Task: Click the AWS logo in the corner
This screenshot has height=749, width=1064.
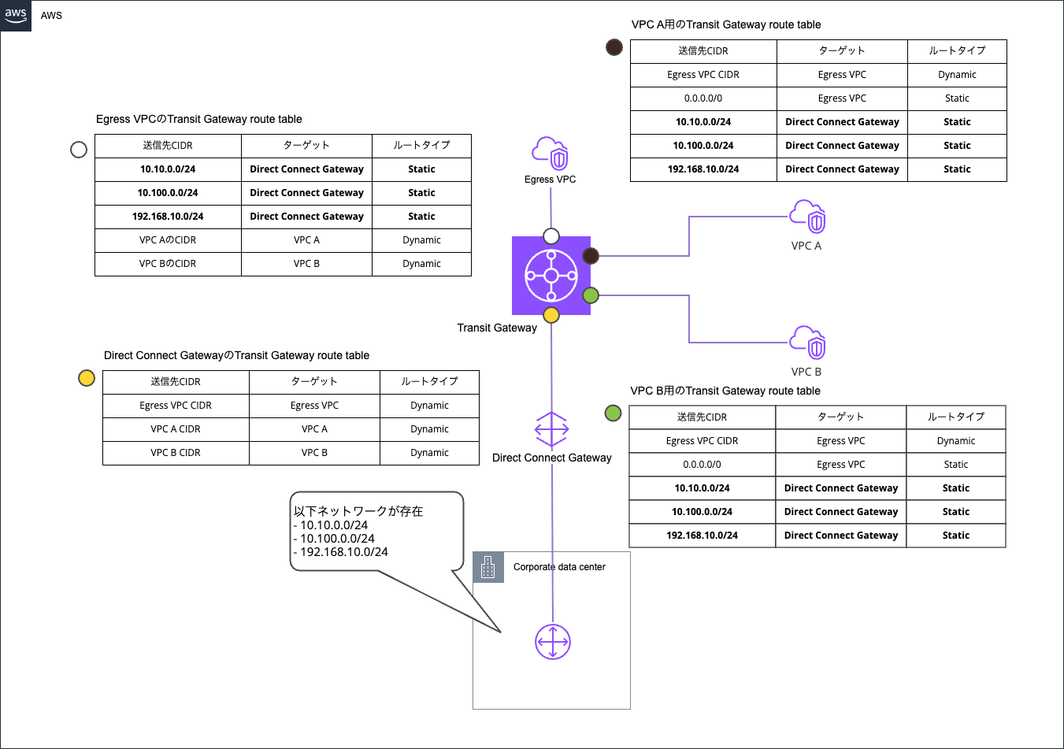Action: (x=16, y=16)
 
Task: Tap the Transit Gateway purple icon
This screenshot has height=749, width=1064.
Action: (x=551, y=276)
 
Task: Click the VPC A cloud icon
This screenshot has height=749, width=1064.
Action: (x=807, y=217)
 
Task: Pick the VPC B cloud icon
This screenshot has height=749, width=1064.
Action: (x=807, y=343)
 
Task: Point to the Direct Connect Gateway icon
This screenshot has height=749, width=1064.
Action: (x=551, y=430)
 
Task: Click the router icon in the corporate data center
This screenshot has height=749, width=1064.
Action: (x=553, y=642)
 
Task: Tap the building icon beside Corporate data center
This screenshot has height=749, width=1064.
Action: (x=488, y=567)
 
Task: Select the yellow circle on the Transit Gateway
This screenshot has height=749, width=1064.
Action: (x=551, y=315)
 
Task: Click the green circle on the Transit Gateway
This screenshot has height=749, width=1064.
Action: (x=591, y=295)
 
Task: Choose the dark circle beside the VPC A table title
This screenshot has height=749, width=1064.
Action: (x=614, y=47)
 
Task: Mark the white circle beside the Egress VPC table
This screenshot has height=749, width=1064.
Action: (x=79, y=150)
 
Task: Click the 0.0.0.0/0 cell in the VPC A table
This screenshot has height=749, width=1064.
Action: (x=703, y=98)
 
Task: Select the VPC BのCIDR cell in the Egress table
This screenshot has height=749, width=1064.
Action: (x=168, y=264)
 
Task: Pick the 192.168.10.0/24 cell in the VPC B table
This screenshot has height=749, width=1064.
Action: (x=702, y=536)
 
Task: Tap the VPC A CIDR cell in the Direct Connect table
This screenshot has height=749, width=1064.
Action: (x=176, y=429)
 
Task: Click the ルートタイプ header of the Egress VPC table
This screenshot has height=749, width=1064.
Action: (x=421, y=146)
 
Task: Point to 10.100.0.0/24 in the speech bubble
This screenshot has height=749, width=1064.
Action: (x=337, y=539)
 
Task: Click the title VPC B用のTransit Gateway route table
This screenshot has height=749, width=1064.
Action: (x=725, y=391)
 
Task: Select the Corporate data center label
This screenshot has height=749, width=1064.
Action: (x=559, y=567)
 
